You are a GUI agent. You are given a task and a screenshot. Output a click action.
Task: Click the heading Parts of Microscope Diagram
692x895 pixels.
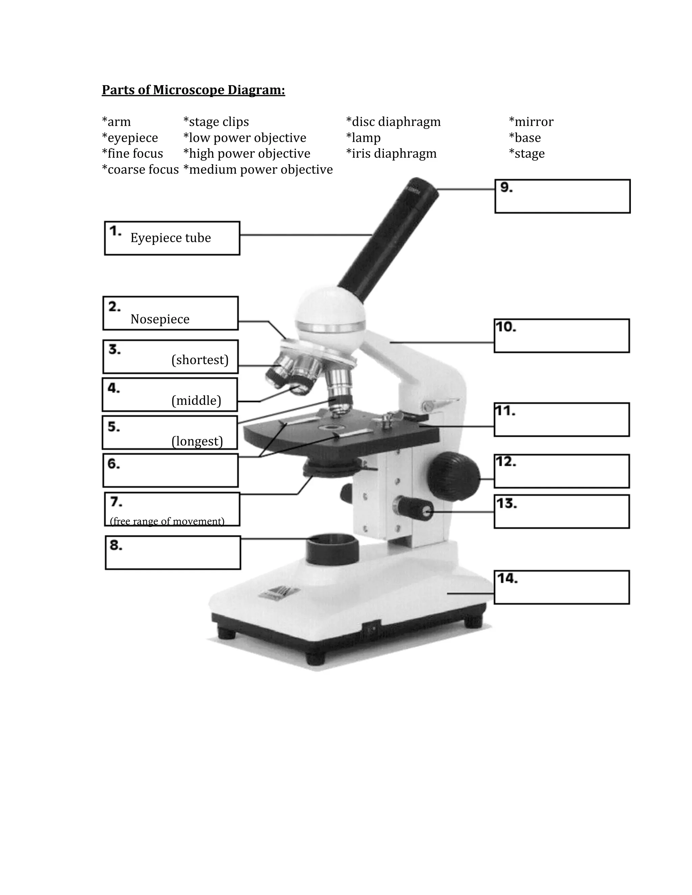click(193, 90)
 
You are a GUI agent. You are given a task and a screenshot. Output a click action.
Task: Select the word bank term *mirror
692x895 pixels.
click(531, 122)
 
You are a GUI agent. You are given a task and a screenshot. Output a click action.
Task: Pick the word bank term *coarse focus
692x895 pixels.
click(140, 170)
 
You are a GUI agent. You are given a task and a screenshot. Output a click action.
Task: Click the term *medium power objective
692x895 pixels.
click(258, 170)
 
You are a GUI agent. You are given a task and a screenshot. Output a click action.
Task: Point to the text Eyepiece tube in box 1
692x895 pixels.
click(171, 238)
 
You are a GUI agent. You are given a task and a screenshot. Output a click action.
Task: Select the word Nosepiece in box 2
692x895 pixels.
click(160, 319)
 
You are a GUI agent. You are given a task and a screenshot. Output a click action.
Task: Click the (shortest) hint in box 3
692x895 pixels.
click(200, 360)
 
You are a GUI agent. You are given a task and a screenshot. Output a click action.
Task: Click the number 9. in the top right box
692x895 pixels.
click(506, 187)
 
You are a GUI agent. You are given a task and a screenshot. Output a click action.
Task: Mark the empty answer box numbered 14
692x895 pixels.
click(562, 587)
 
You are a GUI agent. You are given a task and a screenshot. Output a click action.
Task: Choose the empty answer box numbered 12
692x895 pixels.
click(562, 471)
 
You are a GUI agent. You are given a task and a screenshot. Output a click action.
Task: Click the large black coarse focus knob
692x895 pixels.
click(454, 476)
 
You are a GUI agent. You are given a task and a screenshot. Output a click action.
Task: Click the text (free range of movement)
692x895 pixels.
click(167, 521)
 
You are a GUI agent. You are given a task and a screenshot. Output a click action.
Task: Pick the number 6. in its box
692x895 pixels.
click(114, 464)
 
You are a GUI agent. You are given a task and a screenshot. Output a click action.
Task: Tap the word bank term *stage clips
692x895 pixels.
click(216, 122)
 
